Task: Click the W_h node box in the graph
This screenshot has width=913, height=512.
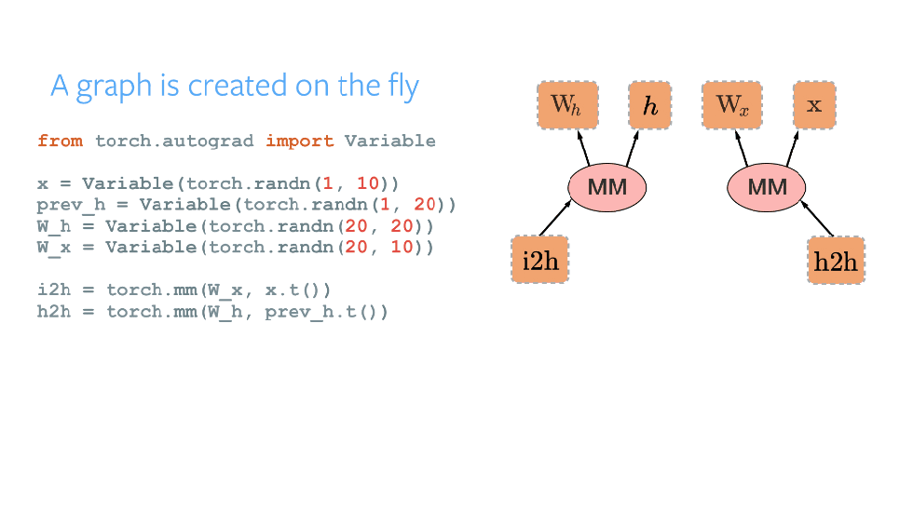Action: pyautogui.click(x=567, y=105)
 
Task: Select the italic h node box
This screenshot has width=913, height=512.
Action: pyautogui.click(x=650, y=105)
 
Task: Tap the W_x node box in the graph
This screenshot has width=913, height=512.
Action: pyautogui.click(x=732, y=105)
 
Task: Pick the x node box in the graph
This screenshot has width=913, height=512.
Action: pyautogui.click(x=814, y=105)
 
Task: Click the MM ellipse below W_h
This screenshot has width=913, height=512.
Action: pyautogui.click(x=607, y=187)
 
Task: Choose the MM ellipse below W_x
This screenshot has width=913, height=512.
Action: pyautogui.click(x=767, y=187)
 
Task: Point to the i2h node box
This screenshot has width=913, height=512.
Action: pyautogui.click(x=540, y=260)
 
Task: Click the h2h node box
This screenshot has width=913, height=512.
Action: pyautogui.click(x=837, y=261)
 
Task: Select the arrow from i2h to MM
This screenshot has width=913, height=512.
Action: pyautogui.click(x=555, y=218)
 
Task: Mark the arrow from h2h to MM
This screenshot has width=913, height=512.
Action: pyautogui.click(x=817, y=218)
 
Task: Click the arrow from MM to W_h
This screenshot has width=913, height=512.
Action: pyautogui.click(x=583, y=148)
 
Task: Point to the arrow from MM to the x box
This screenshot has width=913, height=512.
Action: pyautogui.click(x=793, y=148)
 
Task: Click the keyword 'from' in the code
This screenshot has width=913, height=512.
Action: pyautogui.click(x=60, y=141)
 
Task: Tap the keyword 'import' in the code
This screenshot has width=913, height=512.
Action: pyautogui.click(x=300, y=141)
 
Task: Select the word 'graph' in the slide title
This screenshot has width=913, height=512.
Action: pyautogui.click(x=115, y=87)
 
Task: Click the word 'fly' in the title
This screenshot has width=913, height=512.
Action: pyautogui.click(x=403, y=87)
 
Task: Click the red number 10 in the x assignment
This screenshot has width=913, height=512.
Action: pyautogui.click(x=368, y=183)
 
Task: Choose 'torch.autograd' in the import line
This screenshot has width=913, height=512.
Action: pyautogui.click(x=174, y=141)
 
